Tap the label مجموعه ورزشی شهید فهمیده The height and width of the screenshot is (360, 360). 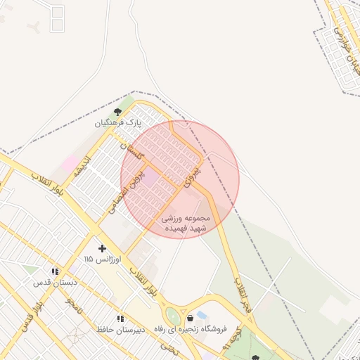[x=185, y=224]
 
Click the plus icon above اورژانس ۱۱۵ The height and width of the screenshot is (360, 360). [x=103, y=248]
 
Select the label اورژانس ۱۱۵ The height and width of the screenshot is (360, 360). [x=103, y=259]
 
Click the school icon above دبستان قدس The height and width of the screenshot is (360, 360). [x=54, y=271]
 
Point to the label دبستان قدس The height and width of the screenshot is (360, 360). [x=54, y=283]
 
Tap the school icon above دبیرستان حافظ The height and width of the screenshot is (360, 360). [x=120, y=318]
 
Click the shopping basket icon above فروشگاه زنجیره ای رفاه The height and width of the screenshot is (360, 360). [x=190, y=318]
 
